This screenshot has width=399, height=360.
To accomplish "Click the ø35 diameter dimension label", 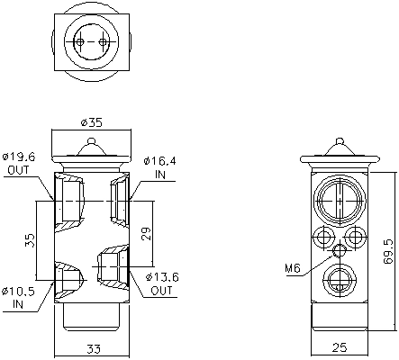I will (x=90, y=121).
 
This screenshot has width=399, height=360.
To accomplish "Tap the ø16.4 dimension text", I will (x=159, y=159).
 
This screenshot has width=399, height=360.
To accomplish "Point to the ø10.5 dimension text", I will (x=19, y=292).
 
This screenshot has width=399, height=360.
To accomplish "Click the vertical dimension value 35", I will (x=30, y=240).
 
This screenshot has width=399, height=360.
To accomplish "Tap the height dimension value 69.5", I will (x=388, y=249).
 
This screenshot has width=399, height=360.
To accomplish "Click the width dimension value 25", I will (x=340, y=347).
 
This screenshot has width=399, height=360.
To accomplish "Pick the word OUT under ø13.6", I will (x=162, y=292).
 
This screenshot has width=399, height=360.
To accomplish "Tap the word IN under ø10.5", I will (x=18, y=305).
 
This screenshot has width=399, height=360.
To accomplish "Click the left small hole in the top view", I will (x=79, y=41).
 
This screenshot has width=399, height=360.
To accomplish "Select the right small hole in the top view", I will (x=104, y=41).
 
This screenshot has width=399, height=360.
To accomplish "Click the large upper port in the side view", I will (x=340, y=198).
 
